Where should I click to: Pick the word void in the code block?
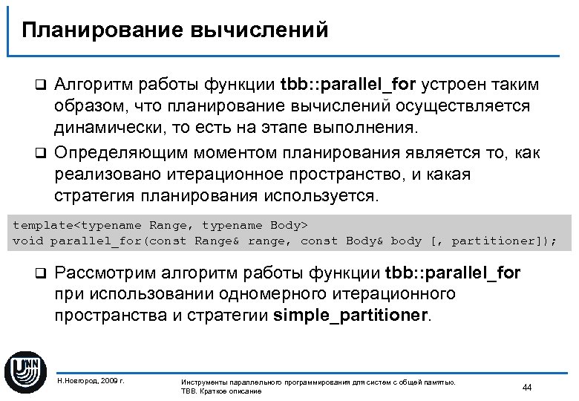coord(28,241)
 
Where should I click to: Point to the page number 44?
coord(528,388)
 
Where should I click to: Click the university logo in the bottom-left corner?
coord(25,369)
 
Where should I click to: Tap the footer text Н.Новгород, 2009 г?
coord(91,380)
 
